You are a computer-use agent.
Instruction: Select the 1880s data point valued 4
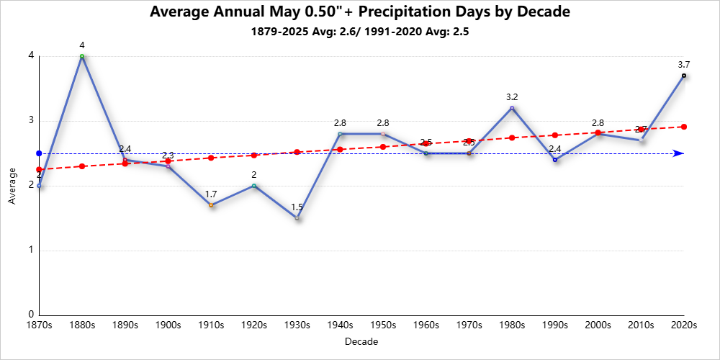click(82, 56)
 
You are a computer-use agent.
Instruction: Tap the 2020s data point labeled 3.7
click(683, 76)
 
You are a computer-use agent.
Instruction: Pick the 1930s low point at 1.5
click(297, 218)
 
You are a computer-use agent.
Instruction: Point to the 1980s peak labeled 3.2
click(512, 108)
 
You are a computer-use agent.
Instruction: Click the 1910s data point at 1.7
click(211, 205)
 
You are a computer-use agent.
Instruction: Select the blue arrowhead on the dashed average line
click(678, 153)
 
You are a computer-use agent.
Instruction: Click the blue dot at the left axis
click(39, 153)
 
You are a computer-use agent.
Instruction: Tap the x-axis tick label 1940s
click(340, 325)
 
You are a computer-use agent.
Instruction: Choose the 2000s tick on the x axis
click(598, 325)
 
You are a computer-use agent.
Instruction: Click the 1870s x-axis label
click(39, 325)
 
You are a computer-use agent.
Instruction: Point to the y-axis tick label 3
click(31, 121)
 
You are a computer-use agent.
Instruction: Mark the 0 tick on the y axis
click(31, 315)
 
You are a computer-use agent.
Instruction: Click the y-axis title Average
click(12, 186)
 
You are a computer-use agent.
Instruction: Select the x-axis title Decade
click(361, 341)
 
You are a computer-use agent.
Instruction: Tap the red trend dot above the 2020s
click(683, 127)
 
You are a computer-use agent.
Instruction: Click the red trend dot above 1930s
click(297, 152)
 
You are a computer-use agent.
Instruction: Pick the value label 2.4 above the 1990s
click(554, 149)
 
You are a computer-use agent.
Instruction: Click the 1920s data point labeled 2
click(254, 186)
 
